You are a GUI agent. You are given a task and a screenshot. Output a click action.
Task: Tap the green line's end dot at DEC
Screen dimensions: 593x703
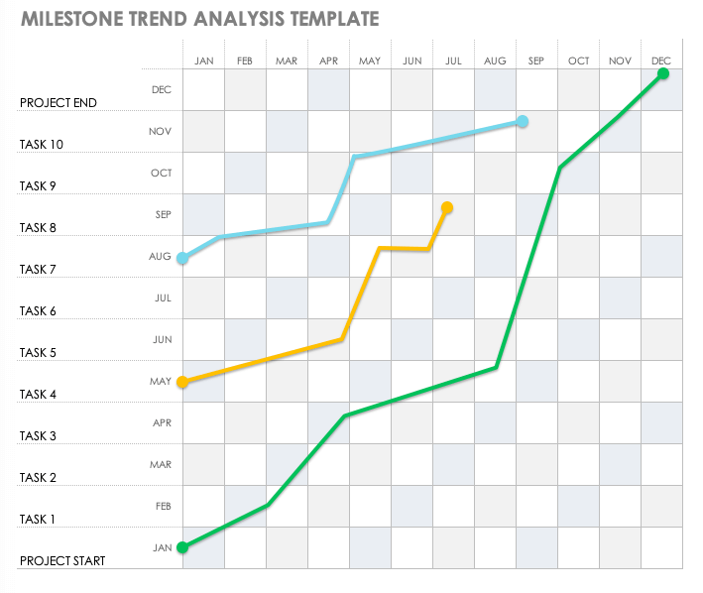click(663, 73)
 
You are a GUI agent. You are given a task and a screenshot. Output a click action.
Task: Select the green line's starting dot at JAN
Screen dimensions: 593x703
click(182, 546)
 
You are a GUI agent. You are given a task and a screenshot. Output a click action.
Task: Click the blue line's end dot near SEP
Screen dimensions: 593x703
click(523, 122)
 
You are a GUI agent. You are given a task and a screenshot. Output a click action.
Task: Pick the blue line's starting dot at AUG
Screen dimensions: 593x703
click(182, 259)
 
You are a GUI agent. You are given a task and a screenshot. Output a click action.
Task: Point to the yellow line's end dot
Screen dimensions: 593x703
click(447, 208)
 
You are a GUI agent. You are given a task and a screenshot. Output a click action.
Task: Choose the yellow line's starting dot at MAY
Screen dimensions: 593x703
click(182, 382)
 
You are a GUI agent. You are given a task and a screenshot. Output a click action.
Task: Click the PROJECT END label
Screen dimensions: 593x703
click(59, 103)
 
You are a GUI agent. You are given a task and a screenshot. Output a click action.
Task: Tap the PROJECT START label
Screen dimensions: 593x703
click(62, 561)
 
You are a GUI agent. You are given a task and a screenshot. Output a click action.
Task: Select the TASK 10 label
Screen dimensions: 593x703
click(42, 145)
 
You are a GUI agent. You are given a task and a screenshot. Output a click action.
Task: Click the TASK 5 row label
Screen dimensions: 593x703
click(39, 353)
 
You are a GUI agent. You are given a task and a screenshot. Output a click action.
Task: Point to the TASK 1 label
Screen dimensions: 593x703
click(39, 520)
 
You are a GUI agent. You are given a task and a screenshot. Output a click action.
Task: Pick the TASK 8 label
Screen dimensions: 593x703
click(39, 228)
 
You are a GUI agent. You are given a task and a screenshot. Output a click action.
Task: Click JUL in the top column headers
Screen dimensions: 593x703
click(454, 61)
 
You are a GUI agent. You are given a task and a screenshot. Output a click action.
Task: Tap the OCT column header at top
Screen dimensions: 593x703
click(579, 61)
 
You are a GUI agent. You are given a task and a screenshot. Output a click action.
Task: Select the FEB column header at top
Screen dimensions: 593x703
click(245, 61)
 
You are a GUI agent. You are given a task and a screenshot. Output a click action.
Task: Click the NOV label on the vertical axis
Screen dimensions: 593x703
click(161, 132)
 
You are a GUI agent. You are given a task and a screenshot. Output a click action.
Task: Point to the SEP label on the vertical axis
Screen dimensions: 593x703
click(163, 215)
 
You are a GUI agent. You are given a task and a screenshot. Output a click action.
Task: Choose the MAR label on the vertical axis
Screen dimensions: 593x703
click(161, 465)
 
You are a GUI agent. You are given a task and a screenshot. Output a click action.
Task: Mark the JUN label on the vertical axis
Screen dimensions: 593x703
click(163, 340)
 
